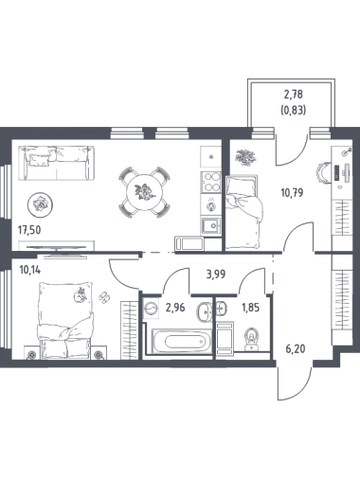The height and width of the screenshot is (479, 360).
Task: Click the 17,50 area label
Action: click(29, 230)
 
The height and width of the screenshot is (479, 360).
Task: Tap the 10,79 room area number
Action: click(292, 192)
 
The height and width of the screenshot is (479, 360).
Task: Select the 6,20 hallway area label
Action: click(295, 349)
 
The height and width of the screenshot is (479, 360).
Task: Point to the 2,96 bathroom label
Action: click(175, 307)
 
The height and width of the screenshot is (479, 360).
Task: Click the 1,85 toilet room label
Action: click(251, 307)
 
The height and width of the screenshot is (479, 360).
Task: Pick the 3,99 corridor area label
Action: click(216, 275)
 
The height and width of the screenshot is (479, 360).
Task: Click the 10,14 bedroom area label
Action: click(30, 270)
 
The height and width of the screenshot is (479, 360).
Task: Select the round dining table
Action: click(145, 191)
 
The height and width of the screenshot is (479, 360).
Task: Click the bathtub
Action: click(182, 342)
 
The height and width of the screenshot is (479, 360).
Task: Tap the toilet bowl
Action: click(252, 339)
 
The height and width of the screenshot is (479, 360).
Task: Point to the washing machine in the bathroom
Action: click(151, 309)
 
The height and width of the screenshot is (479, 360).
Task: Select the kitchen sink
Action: click(210, 225)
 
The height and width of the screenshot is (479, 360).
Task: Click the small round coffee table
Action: click(40, 204)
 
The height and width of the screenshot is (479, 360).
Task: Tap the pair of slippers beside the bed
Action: click(104, 296)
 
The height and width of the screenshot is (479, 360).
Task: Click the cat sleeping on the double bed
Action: click(81, 294)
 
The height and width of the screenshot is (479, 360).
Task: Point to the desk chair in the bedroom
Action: click(323, 173)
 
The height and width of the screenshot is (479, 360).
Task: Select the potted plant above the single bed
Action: click(245, 157)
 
